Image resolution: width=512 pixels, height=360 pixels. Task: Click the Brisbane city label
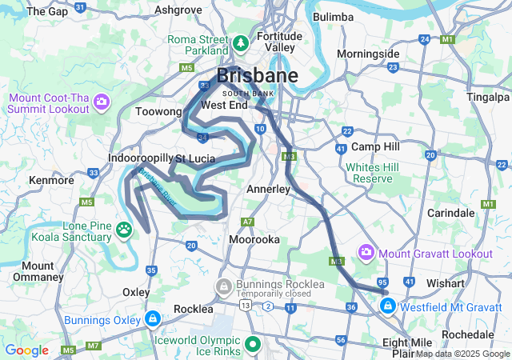[257, 77]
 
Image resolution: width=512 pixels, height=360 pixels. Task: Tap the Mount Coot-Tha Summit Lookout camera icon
[102, 102]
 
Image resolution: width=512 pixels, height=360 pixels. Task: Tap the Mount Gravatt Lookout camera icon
[366, 254]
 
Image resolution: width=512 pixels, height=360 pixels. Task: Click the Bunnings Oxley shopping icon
[152, 320]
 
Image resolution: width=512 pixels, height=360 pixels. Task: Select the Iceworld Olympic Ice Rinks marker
[254, 345]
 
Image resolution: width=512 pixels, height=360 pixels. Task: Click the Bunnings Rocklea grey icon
[223, 286]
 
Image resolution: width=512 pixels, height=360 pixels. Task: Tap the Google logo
[26, 350]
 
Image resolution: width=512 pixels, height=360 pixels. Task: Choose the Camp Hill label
[375, 147]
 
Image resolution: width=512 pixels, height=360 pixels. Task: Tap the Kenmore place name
[51, 180]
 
